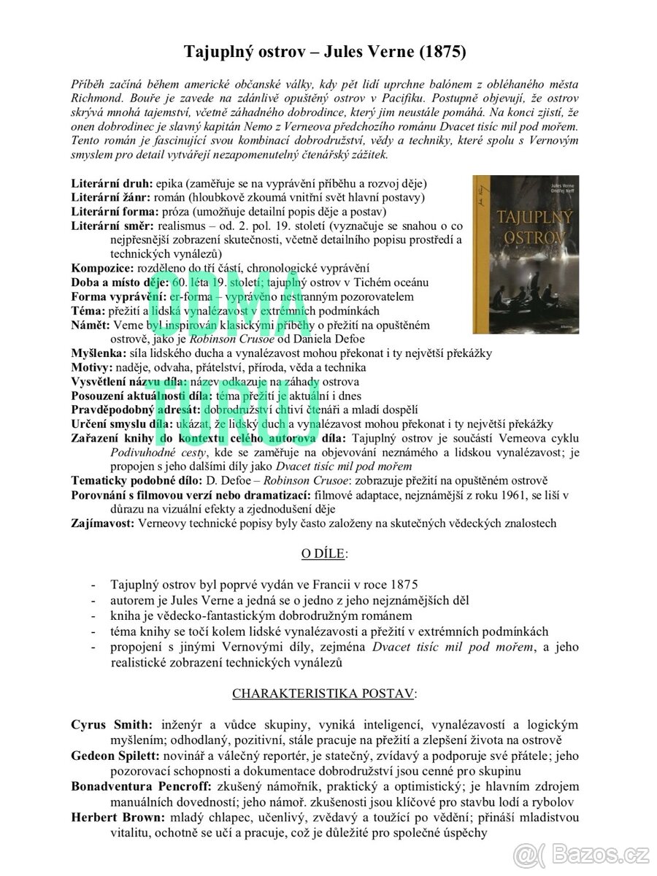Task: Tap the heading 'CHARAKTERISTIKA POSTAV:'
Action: click(324, 692)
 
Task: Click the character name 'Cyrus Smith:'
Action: click(112, 725)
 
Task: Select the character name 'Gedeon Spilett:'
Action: click(118, 756)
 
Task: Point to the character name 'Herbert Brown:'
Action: click(117, 817)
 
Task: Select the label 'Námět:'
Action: click(91, 325)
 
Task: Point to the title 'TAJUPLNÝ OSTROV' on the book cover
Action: click(525, 231)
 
